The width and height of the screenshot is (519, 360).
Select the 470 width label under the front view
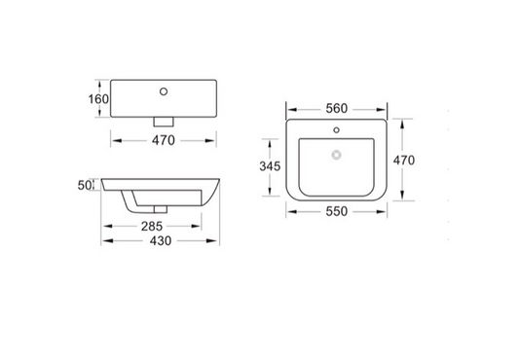click(x=162, y=140)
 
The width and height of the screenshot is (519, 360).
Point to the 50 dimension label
click(x=84, y=185)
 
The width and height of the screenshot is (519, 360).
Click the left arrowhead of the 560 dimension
click(x=290, y=107)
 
